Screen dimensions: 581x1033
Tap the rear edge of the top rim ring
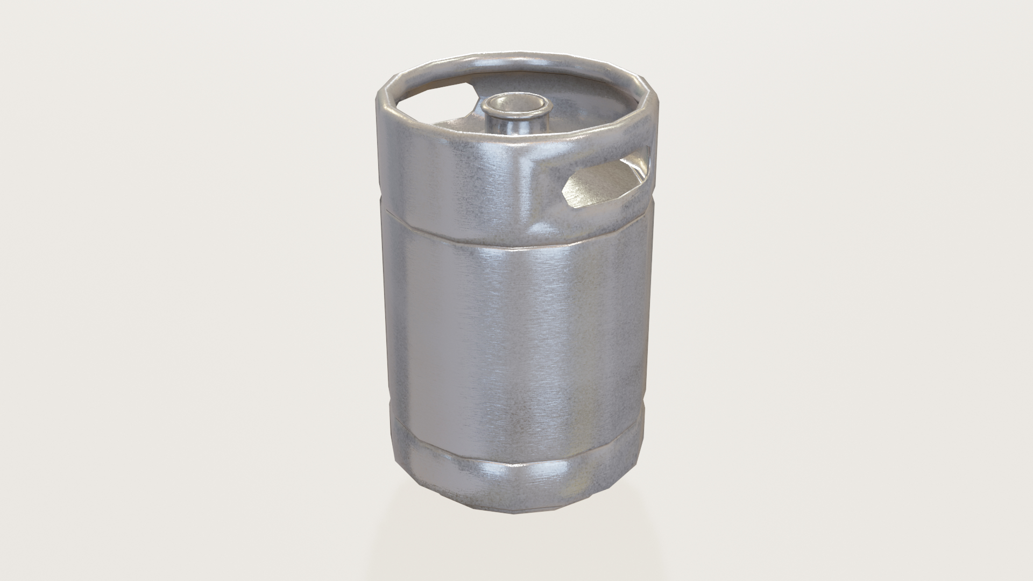516,58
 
